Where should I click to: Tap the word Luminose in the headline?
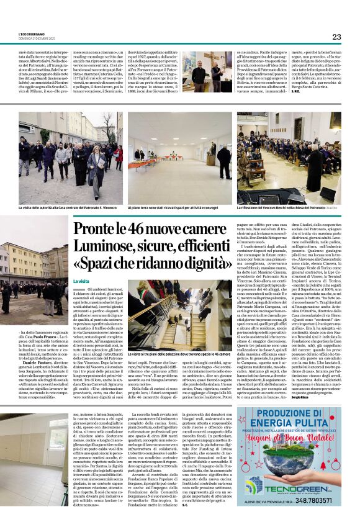pyautogui.click(x=102, y=245)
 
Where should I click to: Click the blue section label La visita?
pyautogui.click(x=81, y=281)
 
